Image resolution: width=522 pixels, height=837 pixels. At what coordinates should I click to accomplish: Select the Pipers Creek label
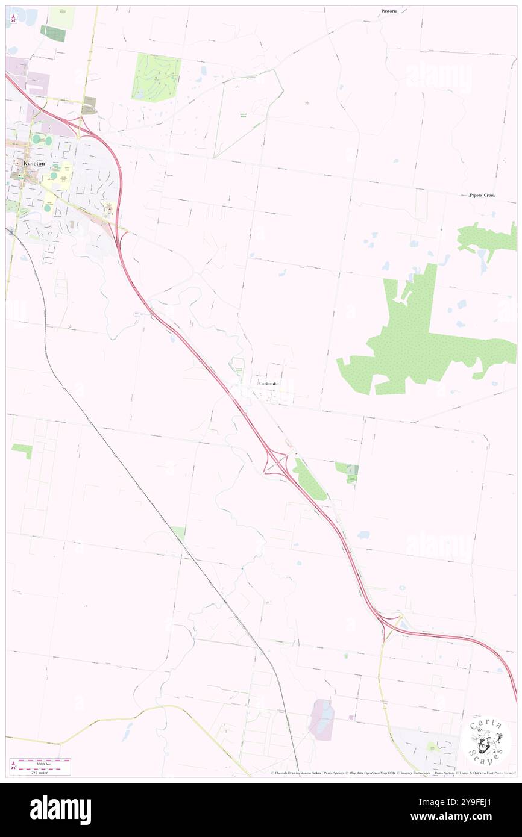(x=483, y=195)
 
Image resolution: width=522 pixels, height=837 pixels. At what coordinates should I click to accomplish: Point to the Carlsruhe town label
(x=268, y=384)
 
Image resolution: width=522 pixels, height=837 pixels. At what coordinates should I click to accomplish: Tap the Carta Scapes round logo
(x=487, y=739)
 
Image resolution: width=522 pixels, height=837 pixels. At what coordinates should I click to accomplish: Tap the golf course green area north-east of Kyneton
(x=156, y=77)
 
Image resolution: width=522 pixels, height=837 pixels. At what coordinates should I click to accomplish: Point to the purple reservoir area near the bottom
(x=321, y=719)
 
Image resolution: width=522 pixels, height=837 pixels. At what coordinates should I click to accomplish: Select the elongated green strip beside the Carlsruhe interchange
(x=309, y=479)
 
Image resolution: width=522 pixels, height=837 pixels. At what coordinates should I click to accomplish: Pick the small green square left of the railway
(x=22, y=450)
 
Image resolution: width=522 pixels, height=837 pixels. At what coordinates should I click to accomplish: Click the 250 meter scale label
(x=40, y=773)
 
